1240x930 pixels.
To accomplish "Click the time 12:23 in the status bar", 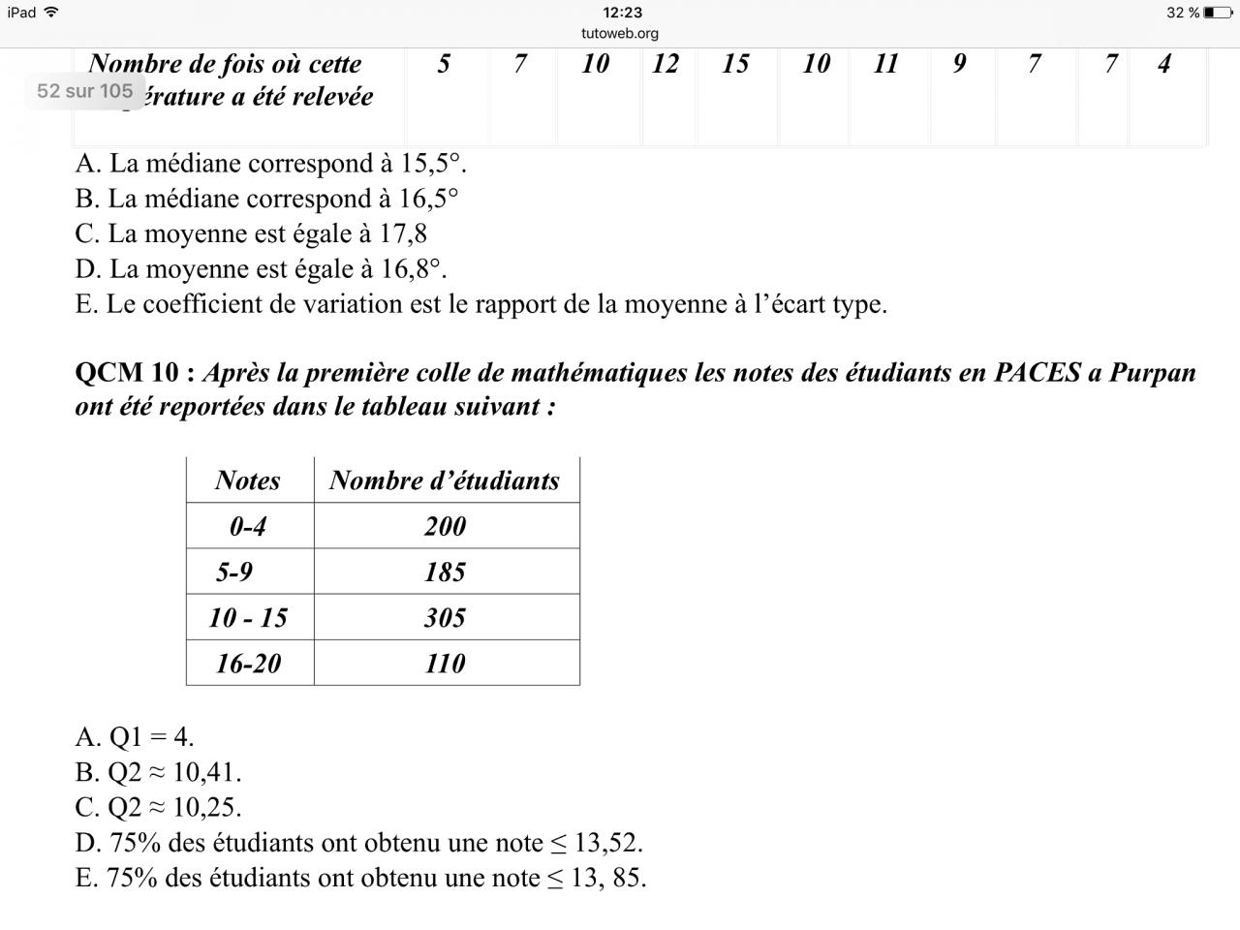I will tap(621, 13).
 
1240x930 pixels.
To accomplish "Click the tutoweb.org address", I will tap(620, 33).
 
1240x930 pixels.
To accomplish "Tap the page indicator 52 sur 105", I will tap(84, 91).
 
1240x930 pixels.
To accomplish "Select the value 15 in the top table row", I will tap(735, 64).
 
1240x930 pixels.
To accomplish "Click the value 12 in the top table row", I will tap(665, 64).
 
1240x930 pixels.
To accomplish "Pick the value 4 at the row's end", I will tap(1163, 64).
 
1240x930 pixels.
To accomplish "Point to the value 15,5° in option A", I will tap(432, 164).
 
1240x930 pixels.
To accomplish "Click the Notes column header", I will tap(248, 480).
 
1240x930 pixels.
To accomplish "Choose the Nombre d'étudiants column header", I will tap(445, 480).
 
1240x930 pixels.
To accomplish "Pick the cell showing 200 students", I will tap(445, 526).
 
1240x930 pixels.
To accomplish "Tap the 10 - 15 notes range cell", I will tap(248, 617).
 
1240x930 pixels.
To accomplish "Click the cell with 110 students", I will tap(445, 663).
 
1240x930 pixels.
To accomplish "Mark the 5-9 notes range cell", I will tap(234, 572).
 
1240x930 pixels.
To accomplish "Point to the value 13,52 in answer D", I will tap(606, 843).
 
